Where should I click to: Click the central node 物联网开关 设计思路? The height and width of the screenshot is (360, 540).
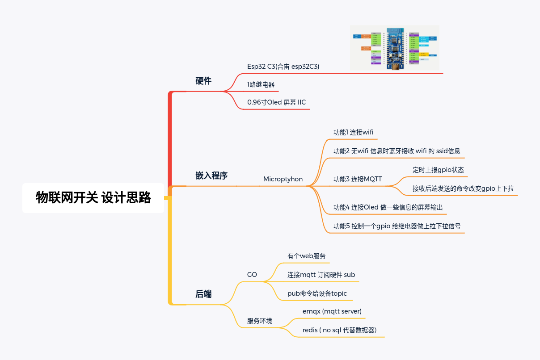click(93, 197)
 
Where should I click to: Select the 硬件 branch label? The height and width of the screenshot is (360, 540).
click(203, 81)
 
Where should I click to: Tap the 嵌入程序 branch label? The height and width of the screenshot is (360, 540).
click(211, 176)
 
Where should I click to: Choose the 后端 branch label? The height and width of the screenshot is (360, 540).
click(203, 294)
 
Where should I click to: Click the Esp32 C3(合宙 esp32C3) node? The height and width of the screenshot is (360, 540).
click(283, 66)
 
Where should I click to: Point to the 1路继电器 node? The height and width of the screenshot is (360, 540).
click(261, 84)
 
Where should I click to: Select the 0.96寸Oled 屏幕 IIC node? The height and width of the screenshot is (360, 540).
click(276, 102)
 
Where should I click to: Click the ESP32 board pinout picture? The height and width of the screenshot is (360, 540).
click(395, 47)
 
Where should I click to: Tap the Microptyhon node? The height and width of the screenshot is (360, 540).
click(283, 179)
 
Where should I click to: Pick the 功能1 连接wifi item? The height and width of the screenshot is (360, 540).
click(353, 132)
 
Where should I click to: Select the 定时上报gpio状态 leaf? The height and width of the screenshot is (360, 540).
click(438, 170)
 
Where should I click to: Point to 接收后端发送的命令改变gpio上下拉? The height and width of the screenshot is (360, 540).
click(463, 188)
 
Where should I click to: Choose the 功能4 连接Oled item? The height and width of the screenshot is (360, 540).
click(388, 207)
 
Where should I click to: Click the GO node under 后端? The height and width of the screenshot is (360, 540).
click(252, 275)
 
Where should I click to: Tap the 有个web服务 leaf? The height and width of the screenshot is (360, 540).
click(306, 256)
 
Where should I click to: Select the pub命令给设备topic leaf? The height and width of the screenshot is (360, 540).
click(317, 293)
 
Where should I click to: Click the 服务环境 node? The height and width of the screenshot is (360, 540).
click(260, 321)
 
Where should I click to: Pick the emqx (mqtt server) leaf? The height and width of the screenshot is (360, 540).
click(332, 311)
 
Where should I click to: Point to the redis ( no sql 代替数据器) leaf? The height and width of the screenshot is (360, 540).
click(339, 330)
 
